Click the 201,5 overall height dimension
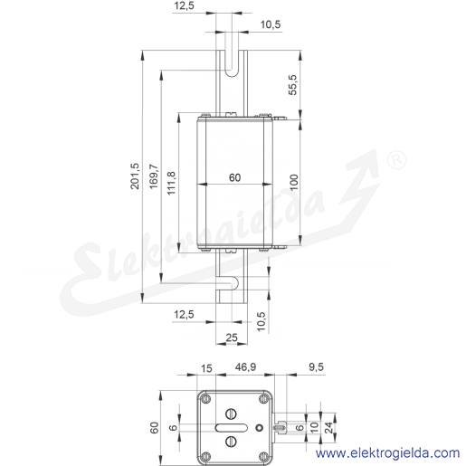(135, 176)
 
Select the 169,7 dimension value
(154, 176)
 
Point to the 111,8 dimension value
(171, 183)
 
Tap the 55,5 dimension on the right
(292, 85)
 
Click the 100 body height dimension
(294, 182)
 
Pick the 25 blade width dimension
(232, 338)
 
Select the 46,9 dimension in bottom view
(245, 367)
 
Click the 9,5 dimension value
(316, 367)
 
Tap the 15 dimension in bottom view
(206, 368)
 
